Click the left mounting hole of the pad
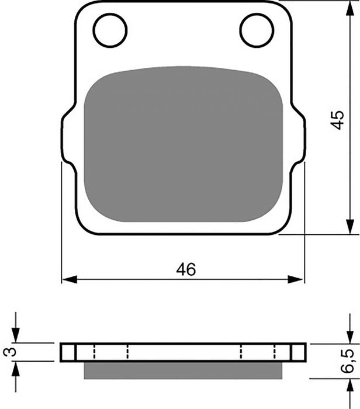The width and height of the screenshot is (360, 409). coord(110,30)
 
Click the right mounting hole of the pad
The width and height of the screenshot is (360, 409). coord(257,30)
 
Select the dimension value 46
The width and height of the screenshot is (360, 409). coord(186,269)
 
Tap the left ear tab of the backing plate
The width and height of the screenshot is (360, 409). coord(68,136)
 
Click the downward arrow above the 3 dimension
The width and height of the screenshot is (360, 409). coord(16,335)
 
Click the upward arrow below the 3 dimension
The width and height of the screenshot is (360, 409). coord(16,368)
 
